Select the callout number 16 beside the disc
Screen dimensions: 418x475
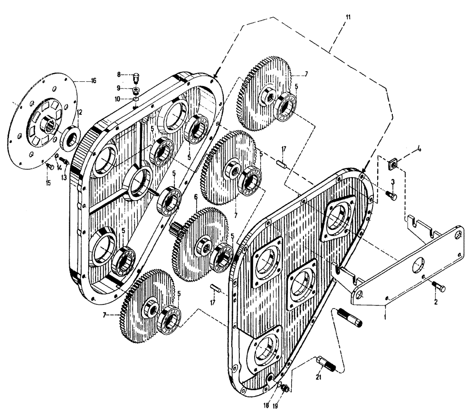click(x=93, y=81)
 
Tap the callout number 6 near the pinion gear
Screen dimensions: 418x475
click(x=195, y=197)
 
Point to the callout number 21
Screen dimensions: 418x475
click(x=318, y=377)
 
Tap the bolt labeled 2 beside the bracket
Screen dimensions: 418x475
click(x=437, y=287)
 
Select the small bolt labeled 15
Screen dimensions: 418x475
click(x=49, y=166)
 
